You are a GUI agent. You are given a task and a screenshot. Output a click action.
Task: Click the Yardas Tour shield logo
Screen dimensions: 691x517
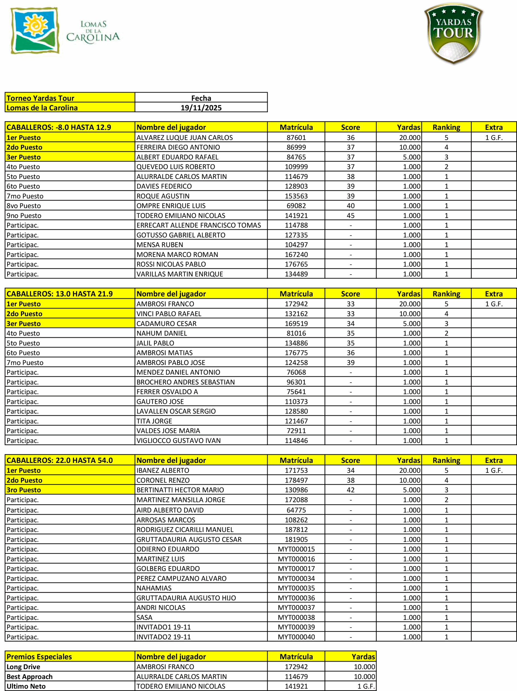453,33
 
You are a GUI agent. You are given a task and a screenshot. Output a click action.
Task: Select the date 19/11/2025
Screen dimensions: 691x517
201,108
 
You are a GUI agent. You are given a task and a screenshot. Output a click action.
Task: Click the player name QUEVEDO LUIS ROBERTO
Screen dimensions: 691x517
176,167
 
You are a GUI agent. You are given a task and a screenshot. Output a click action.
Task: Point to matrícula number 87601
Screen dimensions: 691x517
296,137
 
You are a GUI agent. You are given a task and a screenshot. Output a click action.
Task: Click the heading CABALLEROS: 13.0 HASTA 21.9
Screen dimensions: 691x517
59,294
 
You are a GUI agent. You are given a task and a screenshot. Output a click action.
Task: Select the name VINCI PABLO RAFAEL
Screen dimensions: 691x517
169,314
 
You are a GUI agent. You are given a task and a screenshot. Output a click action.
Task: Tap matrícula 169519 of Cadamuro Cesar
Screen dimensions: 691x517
296,324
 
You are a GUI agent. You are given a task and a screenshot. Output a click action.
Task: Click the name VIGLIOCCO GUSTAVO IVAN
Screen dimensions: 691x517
179,441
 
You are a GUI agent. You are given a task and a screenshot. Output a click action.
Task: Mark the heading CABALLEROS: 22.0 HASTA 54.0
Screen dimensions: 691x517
59,460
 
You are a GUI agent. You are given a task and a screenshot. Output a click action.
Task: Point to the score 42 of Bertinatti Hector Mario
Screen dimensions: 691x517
350,490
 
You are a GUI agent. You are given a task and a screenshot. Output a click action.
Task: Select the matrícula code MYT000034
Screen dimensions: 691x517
296,578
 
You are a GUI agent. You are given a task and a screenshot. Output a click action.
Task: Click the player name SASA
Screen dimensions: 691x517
145,617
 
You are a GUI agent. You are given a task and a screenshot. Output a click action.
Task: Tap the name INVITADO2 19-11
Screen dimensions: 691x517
163,637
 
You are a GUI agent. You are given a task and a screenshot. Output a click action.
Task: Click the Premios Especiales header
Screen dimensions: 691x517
39,657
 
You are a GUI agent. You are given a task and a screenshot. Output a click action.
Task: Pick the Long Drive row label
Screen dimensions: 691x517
23,667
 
